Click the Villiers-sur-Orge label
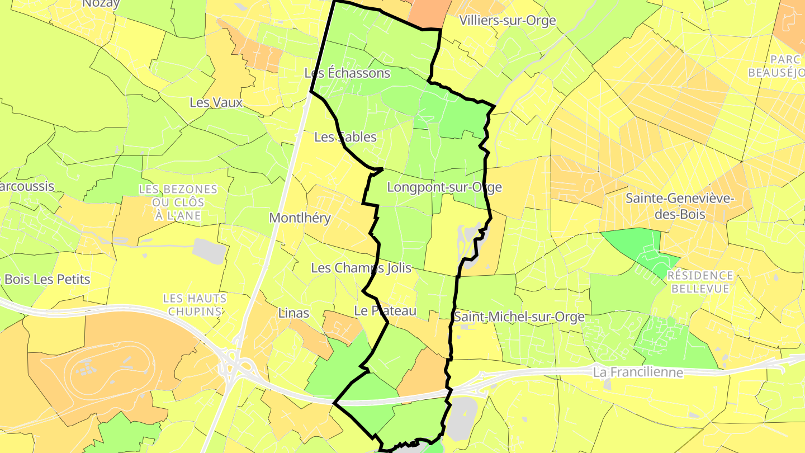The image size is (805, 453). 508,21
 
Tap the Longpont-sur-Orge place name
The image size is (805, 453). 444,187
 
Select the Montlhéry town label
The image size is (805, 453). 300,218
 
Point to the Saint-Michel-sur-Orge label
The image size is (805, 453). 519,317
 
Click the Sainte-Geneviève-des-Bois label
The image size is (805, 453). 680,206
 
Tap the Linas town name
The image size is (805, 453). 293,313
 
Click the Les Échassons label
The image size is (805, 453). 347,73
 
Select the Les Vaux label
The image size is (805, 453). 216,103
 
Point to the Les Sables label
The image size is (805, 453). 345,137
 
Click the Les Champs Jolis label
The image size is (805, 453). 361,268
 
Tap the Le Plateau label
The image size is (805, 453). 386,311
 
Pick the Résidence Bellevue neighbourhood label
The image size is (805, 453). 700,282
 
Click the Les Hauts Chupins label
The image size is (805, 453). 195,305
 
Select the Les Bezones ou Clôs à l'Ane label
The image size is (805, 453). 178,202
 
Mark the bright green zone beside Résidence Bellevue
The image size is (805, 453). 637,246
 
